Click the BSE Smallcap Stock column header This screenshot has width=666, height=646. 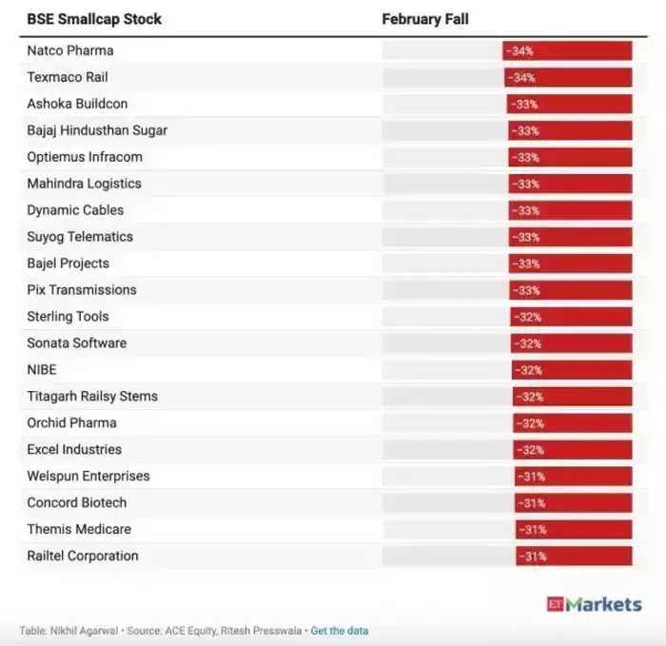[94, 19]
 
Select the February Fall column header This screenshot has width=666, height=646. [425, 19]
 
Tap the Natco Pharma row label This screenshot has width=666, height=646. [69, 50]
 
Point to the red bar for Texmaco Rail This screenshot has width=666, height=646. [568, 77]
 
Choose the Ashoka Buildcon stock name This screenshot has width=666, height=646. [77, 104]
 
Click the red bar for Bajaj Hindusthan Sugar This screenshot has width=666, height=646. [570, 130]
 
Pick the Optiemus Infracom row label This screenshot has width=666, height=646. [84, 157]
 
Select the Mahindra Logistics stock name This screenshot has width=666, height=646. [84, 184]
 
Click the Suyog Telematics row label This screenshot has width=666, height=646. [80, 237]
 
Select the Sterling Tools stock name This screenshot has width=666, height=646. [68, 317]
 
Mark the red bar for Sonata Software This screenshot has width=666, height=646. [572, 343]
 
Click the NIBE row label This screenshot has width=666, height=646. [42, 370]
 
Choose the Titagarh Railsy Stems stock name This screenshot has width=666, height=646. [92, 397]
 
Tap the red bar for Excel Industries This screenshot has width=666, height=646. [573, 450]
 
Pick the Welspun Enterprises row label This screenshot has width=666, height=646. [88, 477]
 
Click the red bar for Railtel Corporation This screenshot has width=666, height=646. [574, 557]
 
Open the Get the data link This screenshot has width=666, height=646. [340, 631]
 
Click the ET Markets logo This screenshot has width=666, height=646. [594, 604]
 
